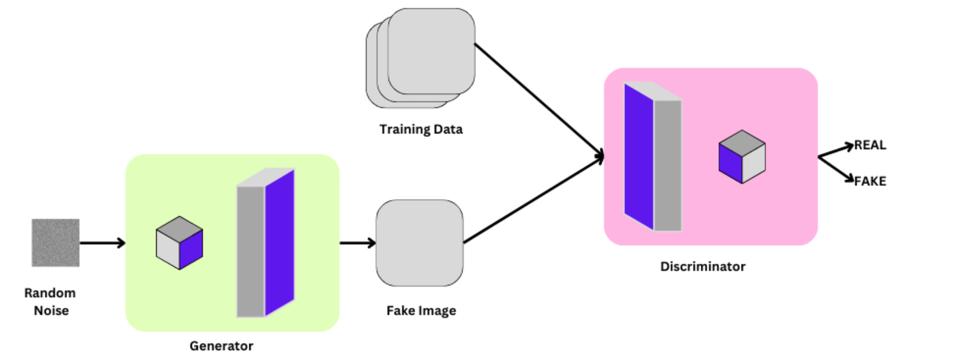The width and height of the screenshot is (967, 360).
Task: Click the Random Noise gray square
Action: point(55,242)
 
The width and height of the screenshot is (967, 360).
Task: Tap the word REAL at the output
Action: point(870,145)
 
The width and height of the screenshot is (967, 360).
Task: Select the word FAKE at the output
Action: point(870,181)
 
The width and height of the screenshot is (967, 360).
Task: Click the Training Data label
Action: point(421,129)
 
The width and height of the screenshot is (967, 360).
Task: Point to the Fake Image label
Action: point(421,310)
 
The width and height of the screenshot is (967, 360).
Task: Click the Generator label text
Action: point(221,346)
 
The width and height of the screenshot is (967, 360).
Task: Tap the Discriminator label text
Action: point(703,266)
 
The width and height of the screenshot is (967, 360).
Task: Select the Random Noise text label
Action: point(51,301)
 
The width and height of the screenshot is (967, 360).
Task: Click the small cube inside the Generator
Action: point(179,243)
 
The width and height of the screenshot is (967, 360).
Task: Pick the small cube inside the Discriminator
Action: point(742,157)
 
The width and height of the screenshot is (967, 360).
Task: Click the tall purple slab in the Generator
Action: point(279,243)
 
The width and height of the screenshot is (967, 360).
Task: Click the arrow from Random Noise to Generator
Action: point(102,243)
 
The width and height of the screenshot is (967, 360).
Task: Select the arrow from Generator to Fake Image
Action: point(357,243)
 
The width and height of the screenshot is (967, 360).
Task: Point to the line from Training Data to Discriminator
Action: point(539,100)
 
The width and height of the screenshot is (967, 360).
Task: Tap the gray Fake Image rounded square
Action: point(419,243)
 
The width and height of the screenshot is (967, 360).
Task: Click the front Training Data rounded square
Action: point(432,51)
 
